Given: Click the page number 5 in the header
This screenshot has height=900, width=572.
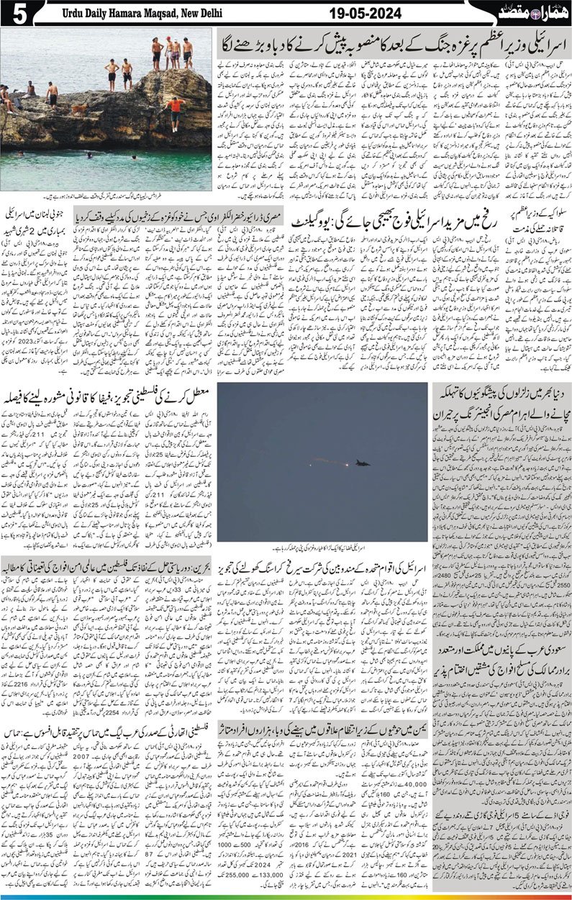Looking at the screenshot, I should [x=14, y=14].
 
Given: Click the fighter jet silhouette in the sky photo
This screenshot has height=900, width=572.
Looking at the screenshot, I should [x=362, y=463].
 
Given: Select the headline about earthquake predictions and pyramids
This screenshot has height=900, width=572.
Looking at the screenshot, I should [x=501, y=406].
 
